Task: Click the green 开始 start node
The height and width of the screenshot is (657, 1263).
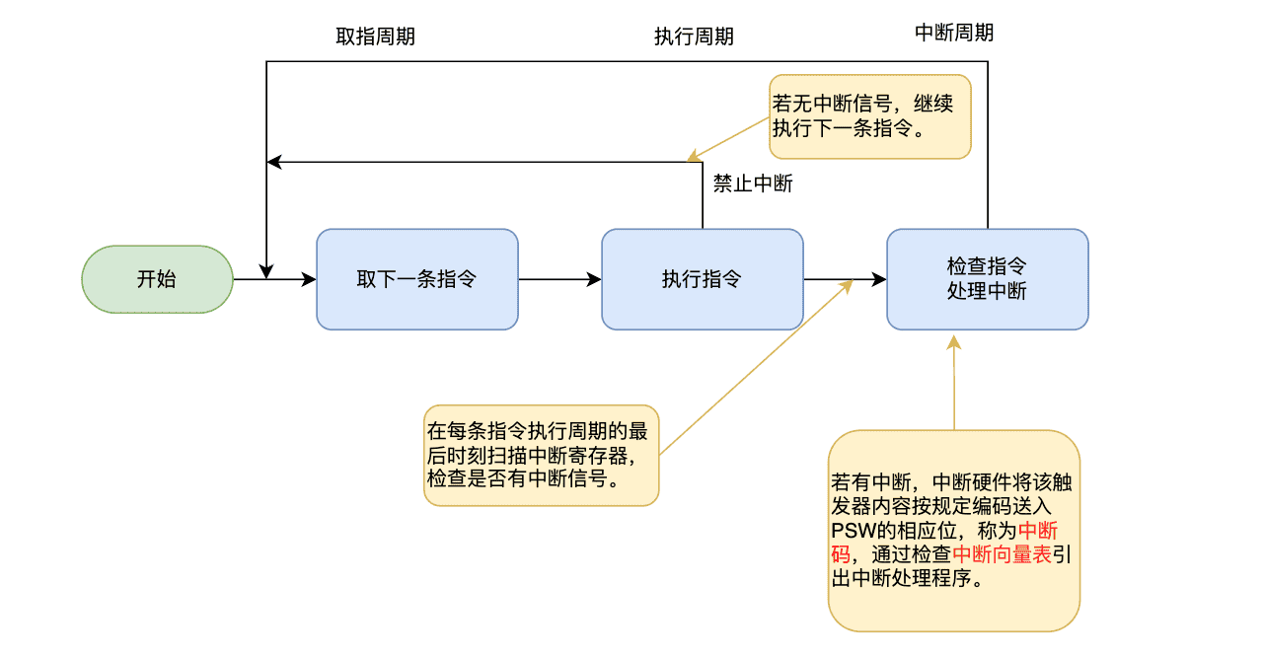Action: point(157,279)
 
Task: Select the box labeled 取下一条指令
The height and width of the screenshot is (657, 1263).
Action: point(416,279)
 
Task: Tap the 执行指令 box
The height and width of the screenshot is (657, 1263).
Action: point(702,279)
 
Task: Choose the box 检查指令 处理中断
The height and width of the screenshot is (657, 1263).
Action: point(987,279)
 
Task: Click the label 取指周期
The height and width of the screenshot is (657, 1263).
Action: point(375,36)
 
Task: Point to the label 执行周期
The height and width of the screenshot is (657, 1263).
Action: point(694,36)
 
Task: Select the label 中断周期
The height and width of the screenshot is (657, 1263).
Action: point(954,33)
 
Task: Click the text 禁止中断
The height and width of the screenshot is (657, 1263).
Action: point(753,183)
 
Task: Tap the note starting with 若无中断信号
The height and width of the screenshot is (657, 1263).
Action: point(869,116)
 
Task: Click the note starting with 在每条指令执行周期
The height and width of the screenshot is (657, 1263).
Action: point(541,455)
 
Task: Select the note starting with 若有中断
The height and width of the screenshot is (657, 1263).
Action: point(953,531)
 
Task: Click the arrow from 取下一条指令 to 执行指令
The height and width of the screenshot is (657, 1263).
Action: point(559,279)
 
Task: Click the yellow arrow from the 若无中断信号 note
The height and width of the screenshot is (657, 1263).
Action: point(730,138)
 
